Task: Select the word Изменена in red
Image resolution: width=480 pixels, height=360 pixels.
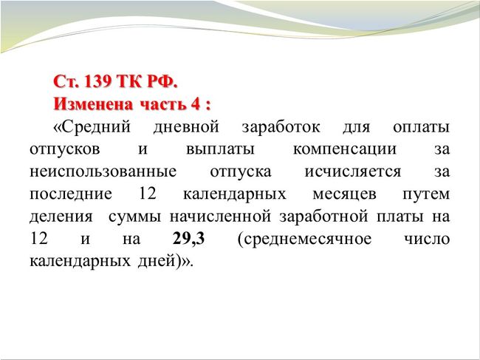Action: click(x=93, y=104)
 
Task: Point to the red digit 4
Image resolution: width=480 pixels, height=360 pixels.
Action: click(x=195, y=104)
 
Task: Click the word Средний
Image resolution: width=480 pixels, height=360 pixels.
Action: click(x=97, y=127)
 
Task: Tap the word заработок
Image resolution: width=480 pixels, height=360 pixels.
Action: click(x=281, y=127)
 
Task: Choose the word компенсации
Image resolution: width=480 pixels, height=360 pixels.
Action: click(x=345, y=150)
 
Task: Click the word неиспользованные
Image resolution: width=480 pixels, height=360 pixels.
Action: click(x=103, y=172)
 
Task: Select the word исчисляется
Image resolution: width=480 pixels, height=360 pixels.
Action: click(x=353, y=172)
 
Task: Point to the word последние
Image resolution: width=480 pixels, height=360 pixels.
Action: click(x=71, y=194)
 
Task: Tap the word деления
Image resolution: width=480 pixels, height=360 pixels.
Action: click(x=61, y=217)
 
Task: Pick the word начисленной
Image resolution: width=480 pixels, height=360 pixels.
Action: click(x=220, y=217)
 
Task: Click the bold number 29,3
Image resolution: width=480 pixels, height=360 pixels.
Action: click(x=188, y=239)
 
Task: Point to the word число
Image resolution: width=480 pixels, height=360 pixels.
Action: click(x=427, y=239)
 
